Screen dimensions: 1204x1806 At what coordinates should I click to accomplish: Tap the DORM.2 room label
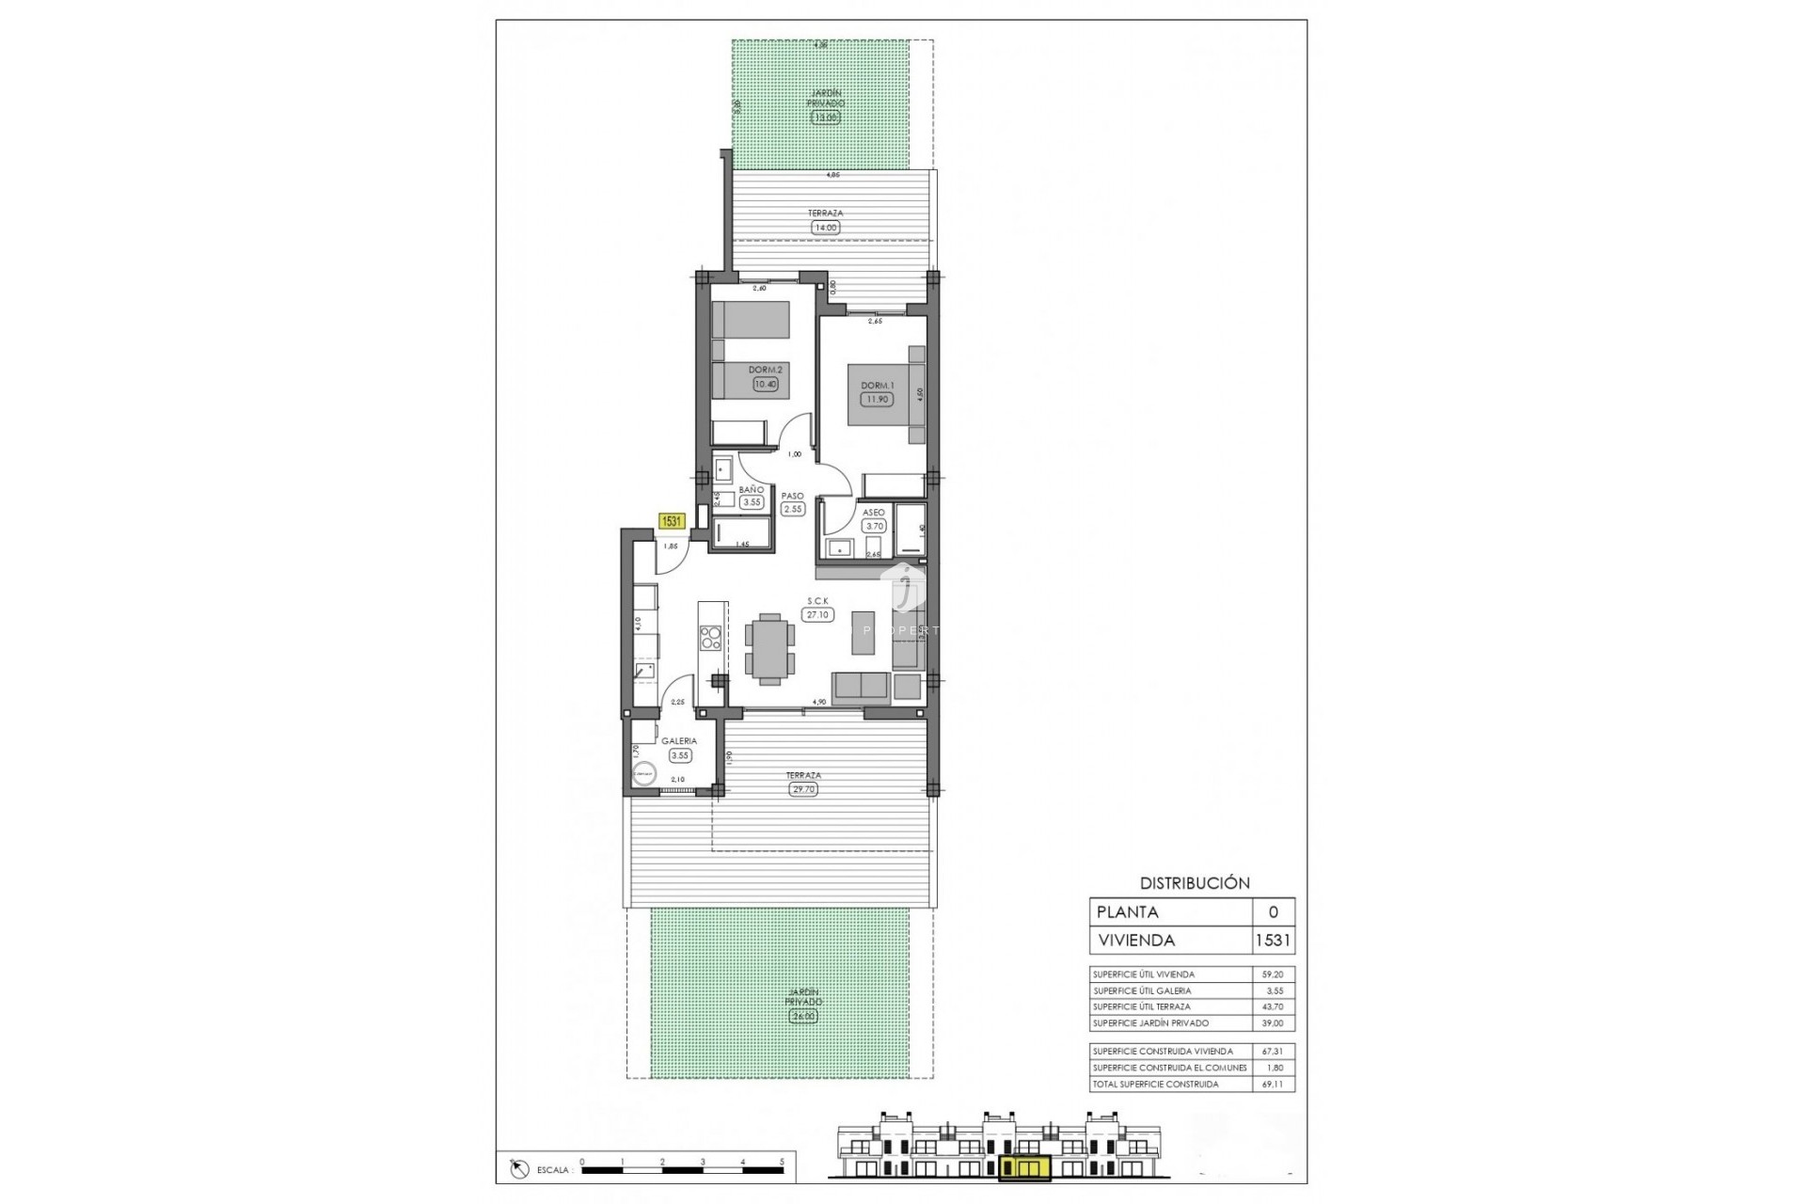coord(766,370)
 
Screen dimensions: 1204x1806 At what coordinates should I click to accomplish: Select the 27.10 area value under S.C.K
coord(817,615)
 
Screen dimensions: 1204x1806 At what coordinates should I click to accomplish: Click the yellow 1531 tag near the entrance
coord(672,520)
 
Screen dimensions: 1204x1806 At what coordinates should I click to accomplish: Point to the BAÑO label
coord(751,490)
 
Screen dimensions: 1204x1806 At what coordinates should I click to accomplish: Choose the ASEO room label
coord(873,513)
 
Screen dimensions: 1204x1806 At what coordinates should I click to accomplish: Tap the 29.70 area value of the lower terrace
coord(803,789)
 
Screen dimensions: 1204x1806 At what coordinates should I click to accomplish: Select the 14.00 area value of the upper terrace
coord(825,228)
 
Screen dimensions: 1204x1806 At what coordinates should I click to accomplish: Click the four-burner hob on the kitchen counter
coord(711,639)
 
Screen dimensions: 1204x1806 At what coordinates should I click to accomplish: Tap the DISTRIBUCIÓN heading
coord(1195,883)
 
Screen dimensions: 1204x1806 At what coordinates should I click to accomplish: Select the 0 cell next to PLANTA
coord(1274,911)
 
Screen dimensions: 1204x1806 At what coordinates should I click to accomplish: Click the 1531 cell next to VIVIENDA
coord(1273,940)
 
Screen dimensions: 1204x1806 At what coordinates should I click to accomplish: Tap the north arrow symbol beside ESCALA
coord(517,1169)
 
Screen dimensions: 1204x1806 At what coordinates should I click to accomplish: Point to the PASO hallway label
coord(793,496)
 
